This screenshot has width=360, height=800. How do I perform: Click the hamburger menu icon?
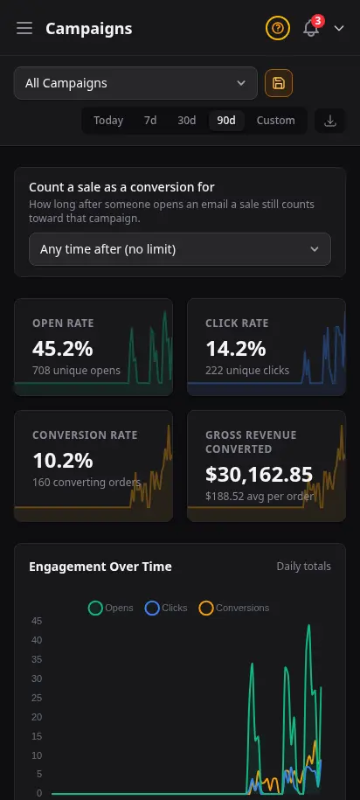click(24, 28)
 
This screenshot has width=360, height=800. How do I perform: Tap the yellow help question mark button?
click(277, 28)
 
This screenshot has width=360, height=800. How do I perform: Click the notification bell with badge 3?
click(311, 28)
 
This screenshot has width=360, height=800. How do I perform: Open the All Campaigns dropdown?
click(135, 83)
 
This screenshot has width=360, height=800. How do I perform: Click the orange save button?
click(279, 83)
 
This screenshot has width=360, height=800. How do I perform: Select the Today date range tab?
click(108, 121)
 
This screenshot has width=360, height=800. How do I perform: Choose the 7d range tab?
click(150, 121)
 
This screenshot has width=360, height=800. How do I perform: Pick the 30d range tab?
click(187, 121)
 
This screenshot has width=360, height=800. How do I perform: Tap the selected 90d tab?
click(226, 121)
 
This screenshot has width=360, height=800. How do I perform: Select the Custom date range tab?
click(275, 121)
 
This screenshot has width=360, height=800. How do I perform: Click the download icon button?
click(330, 121)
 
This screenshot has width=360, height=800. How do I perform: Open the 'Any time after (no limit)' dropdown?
click(179, 249)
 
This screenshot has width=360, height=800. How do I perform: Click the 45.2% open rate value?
click(63, 349)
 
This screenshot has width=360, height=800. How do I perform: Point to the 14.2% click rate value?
click(236, 349)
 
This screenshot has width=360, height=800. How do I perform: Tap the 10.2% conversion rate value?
click(63, 461)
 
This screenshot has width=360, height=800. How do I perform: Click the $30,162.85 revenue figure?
click(259, 475)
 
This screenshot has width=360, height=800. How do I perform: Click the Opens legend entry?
click(111, 609)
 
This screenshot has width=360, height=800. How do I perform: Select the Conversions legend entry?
click(234, 609)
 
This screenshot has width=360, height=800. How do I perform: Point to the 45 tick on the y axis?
click(37, 621)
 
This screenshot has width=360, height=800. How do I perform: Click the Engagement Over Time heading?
click(100, 567)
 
